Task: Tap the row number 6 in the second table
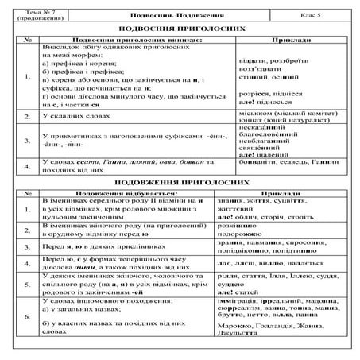pos(28,315)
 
